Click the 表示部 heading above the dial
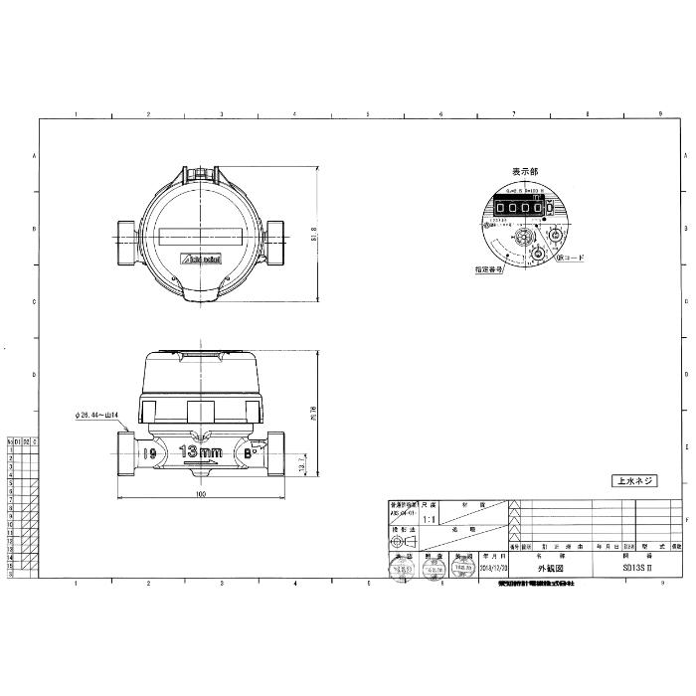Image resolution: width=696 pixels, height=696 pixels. pyautogui.click(x=526, y=172)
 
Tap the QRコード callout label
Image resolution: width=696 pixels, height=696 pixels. pyautogui.click(x=571, y=257)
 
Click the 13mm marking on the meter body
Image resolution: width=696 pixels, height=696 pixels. pyautogui.click(x=200, y=452)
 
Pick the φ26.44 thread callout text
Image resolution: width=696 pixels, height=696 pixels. pyautogui.click(x=96, y=415)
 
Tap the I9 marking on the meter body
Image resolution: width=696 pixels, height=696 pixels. pyautogui.click(x=149, y=453)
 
